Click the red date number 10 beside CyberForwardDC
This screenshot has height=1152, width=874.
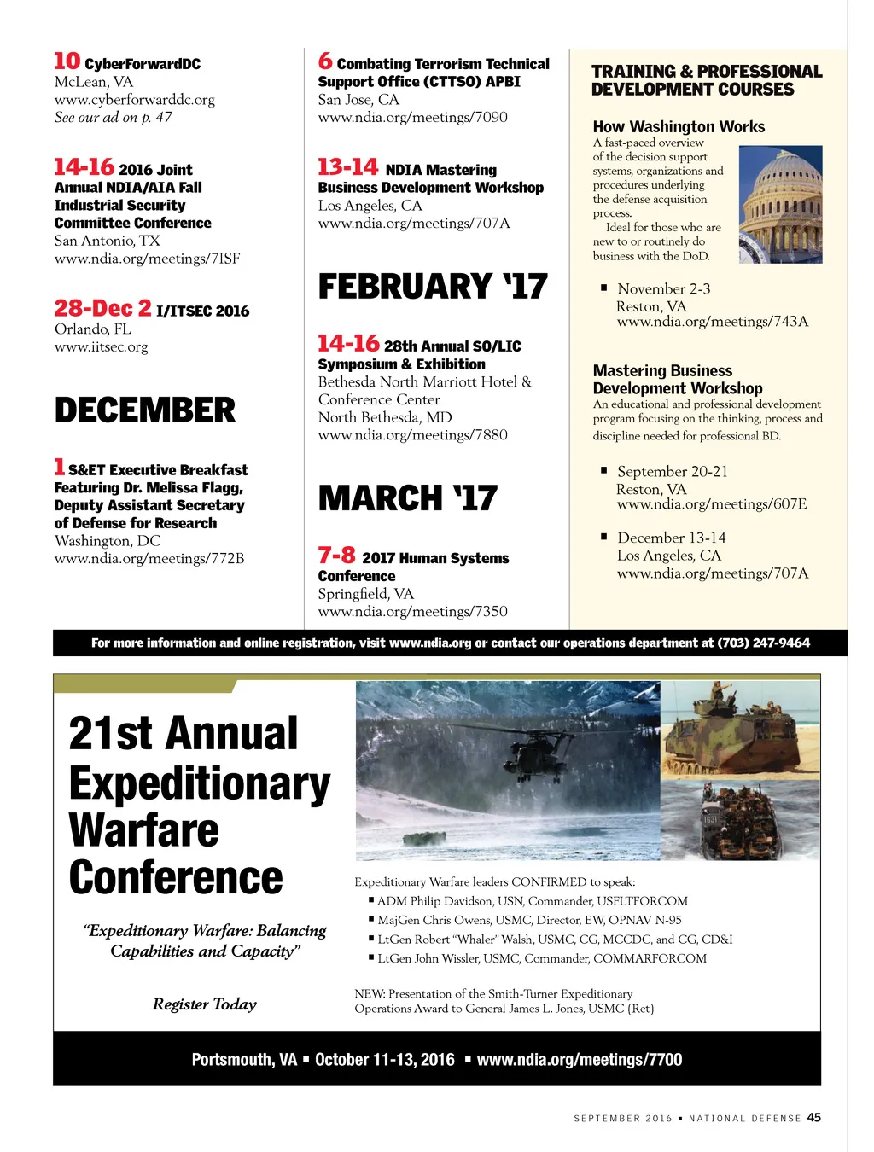[x=67, y=61]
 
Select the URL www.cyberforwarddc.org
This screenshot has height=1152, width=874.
[x=134, y=100]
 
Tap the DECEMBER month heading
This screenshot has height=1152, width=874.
[x=144, y=410]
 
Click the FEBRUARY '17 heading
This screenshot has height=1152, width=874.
[x=433, y=287]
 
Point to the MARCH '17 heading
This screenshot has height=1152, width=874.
[x=407, y=498]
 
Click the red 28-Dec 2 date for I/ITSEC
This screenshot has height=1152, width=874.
[x=102, y=308]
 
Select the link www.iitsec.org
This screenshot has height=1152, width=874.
[x=101, y=347]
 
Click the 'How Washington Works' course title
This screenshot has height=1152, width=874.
[x=679, y=126]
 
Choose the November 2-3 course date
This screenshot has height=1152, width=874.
[x=663, y=289]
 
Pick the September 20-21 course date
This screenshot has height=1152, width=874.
[x=672, y=472]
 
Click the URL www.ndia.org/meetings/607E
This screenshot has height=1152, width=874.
[x=711, y=504]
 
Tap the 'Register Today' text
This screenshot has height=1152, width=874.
[x=205, y=1004]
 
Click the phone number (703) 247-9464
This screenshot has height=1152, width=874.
[x=763, y=643]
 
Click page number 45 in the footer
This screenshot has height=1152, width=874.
[x=814, y=1117]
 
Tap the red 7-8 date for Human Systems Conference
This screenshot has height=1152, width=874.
[x=336, y=556]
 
